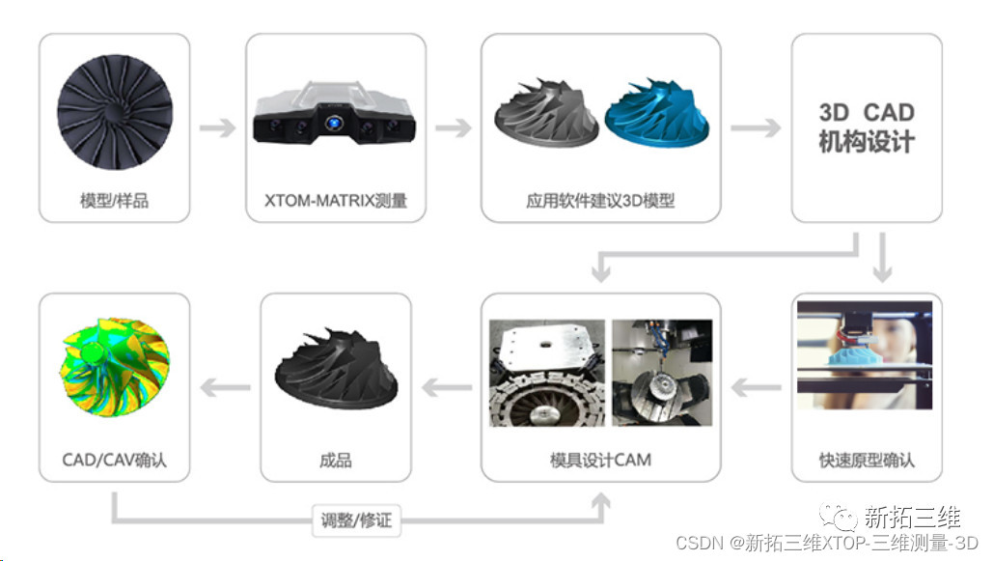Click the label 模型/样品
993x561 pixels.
[114, 202]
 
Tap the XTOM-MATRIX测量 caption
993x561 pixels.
[335, 202]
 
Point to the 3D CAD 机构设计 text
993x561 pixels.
[866, 127]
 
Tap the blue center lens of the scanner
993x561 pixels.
[335, 124]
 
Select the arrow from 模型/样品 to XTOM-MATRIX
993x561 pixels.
[217, 127]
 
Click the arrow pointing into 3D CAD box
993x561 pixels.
[755, 127]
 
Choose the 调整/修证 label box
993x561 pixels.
[356, 520]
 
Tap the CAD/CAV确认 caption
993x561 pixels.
[114, 460]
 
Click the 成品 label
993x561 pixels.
[335, 460]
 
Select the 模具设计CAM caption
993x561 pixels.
[600, 460]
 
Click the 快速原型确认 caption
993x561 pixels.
[866, 460]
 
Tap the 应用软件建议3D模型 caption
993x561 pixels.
[600, 202]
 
